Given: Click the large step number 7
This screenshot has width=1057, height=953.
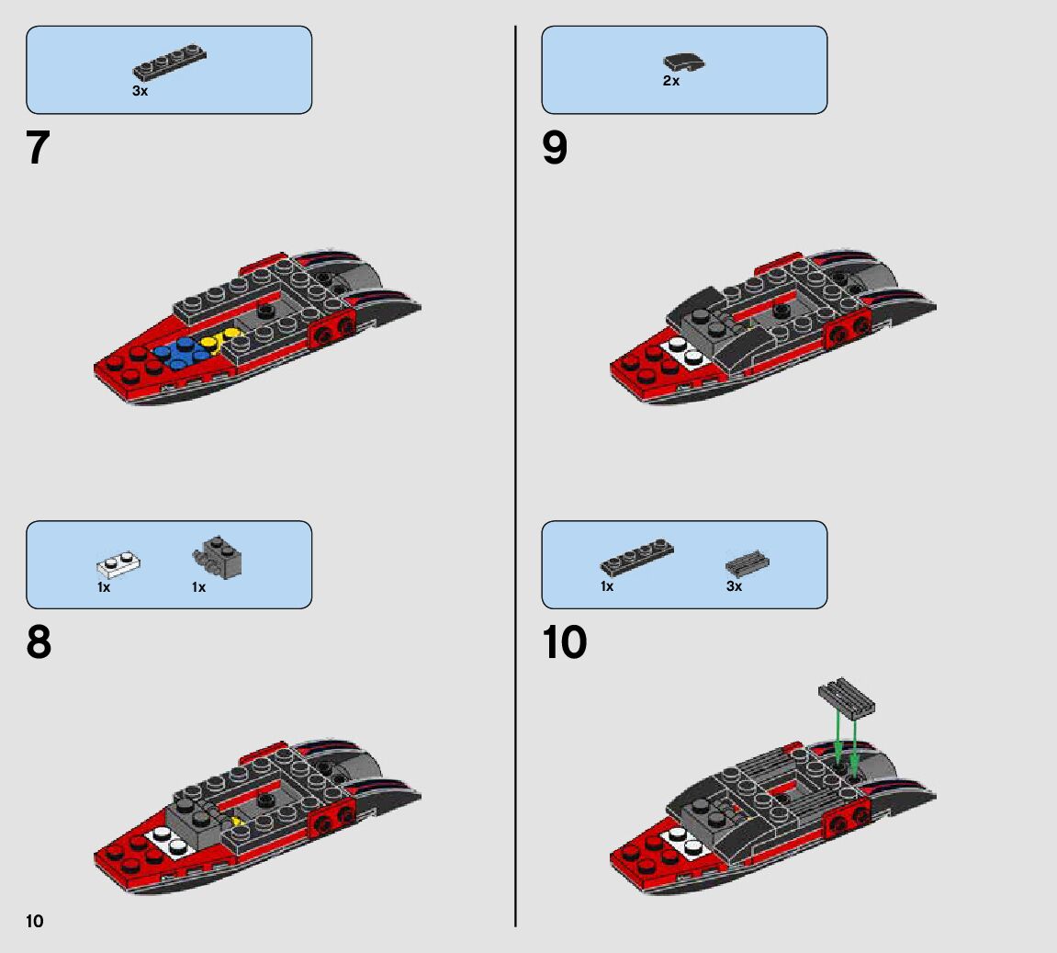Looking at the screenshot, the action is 38,148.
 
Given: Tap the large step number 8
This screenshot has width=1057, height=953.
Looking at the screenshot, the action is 39,642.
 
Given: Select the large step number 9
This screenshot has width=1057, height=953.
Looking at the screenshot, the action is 555,148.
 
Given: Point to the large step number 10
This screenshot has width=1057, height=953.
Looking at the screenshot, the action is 564,642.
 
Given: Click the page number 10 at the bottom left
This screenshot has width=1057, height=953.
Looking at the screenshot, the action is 35,921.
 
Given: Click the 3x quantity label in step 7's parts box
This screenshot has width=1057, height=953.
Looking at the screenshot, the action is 140,91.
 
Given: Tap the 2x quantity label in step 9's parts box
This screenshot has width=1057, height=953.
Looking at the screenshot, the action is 671,81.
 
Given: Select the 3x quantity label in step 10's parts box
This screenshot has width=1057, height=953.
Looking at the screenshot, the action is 734,585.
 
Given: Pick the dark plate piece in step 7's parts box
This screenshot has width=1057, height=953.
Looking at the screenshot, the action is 169,62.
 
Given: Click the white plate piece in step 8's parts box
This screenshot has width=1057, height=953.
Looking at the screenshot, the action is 119,563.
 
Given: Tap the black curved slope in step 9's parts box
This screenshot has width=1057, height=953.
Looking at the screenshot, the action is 684,62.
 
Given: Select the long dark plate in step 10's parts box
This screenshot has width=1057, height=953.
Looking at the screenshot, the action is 636,556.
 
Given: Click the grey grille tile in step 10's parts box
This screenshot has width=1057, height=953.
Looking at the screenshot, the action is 747,562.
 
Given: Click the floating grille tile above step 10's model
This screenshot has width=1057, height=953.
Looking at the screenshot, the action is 845,698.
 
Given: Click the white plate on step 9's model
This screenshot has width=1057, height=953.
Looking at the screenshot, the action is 682,350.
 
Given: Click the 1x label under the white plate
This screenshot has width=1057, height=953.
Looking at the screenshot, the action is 104,587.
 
